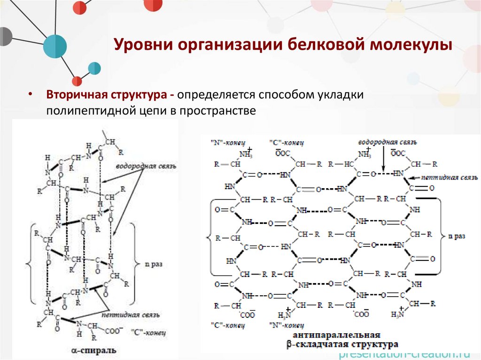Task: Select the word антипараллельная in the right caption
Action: (x=336, y=336)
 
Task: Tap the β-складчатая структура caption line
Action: (x=342, y=345)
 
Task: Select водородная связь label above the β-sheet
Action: (x=387, y=142)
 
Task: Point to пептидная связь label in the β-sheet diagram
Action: (x=450, y=177)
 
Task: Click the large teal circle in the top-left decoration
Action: (x=55, y=46)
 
